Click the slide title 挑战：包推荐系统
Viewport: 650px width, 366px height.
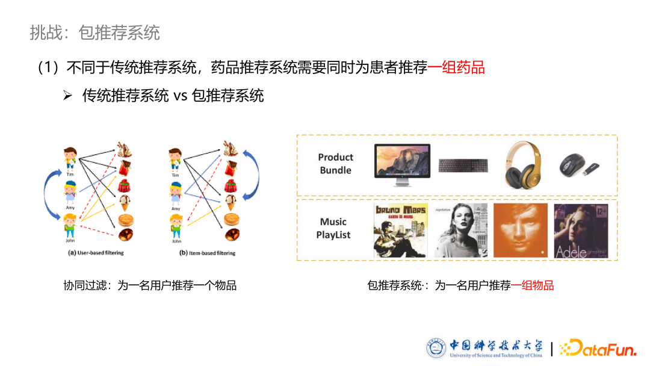coord(94,33)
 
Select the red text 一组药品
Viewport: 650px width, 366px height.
coord(456,67)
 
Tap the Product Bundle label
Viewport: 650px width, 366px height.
coord(335,164)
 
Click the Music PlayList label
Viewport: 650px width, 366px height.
coord(333,229)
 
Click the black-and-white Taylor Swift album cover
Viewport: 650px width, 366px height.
coord(460,231)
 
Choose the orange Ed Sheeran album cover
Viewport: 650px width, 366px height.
coord(521,231)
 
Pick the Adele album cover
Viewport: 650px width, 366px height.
coord(581,231)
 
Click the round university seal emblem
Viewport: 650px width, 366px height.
coord(437,348)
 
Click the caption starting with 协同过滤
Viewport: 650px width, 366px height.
coord(150,285)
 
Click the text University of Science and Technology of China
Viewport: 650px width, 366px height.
coord(495,355)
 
